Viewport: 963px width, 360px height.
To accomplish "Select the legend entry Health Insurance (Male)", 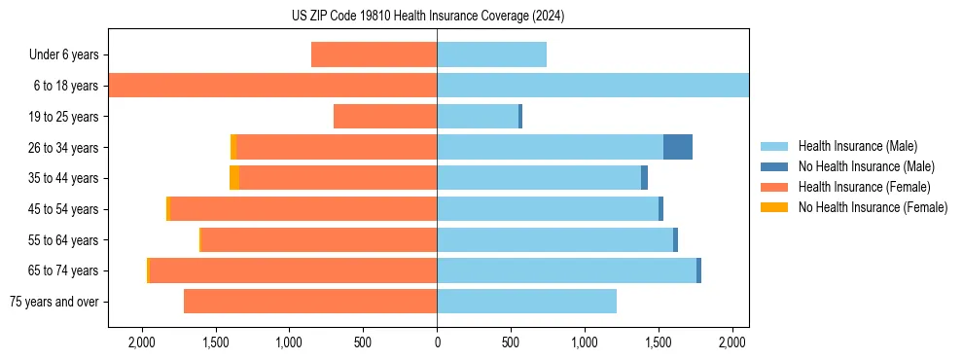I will point(857,146).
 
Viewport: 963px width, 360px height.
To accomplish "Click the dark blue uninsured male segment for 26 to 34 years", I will point(678,147).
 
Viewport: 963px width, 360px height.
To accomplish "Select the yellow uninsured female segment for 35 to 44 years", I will point(234,178).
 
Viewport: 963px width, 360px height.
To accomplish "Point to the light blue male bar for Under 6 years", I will point(491,54).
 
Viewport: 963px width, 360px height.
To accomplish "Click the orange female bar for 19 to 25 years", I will point(385,117).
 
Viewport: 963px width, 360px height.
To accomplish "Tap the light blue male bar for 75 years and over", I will point(526,302).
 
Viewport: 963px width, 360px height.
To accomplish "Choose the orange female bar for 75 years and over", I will point(310,302).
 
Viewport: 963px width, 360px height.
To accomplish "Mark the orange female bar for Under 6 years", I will point(374,54).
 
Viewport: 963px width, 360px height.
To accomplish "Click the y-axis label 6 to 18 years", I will point(65,86).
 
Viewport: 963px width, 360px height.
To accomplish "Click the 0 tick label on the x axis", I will point(437,342).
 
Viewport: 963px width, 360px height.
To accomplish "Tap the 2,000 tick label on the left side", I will point(142,342).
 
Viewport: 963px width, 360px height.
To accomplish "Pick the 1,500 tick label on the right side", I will point(658,342).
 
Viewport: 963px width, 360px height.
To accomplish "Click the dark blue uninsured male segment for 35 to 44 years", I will point(644,178).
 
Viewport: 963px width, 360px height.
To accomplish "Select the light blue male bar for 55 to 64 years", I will point(554,239).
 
